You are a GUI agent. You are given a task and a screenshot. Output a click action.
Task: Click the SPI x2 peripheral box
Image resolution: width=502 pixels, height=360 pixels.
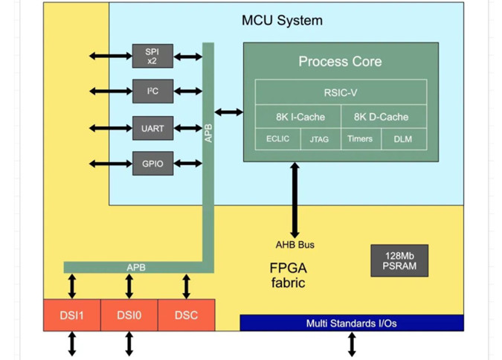(152, 56)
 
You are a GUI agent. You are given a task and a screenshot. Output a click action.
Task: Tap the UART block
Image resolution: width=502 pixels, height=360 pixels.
(152, 128)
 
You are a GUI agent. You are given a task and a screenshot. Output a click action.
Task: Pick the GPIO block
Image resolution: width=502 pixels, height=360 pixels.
(152, 163)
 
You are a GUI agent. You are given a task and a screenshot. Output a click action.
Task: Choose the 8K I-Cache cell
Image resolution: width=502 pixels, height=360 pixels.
(298, 117)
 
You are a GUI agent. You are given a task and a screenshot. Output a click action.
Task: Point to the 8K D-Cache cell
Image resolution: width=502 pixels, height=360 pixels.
(382, 117)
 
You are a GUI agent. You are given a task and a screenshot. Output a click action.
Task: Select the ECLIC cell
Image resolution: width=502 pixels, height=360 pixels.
(277, 139)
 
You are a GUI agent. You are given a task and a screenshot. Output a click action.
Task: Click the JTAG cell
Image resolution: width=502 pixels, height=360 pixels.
(320, 139)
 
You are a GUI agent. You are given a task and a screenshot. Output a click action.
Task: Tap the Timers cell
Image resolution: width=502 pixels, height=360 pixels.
(360, 139)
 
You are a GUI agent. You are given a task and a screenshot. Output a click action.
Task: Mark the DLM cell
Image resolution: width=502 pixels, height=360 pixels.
(403, 139)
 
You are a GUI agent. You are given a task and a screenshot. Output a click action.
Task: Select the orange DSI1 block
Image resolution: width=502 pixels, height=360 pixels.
(71, 315)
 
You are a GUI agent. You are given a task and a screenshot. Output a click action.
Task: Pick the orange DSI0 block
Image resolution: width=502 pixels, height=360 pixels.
(129, 315)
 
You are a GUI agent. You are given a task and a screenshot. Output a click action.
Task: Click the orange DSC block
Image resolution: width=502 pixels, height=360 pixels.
(186, 315)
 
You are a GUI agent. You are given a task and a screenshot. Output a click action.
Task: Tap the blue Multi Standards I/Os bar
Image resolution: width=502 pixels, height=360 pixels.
(351, 323)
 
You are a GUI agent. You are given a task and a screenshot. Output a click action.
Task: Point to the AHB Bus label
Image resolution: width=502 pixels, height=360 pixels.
(295, 245)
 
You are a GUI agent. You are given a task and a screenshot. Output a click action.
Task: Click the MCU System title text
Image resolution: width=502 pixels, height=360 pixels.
(282, 20)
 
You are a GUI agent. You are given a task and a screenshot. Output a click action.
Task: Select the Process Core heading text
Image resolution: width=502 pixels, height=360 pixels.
(340, 62)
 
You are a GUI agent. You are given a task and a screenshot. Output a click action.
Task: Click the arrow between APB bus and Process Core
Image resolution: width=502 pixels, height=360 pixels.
(228, 112)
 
